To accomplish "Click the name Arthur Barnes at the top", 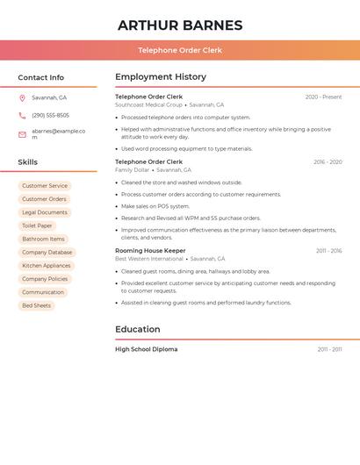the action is point(180,25).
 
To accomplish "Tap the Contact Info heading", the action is point(40,77).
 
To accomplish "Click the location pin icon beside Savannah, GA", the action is point(22,98).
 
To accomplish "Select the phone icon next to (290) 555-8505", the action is point(22,115).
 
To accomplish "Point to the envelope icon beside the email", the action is point(22,134).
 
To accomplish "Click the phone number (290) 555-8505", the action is point(50,115).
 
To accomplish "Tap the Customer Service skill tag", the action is point(45,186).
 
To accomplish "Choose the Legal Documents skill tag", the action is point(45,212).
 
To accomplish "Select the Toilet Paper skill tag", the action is point(37,225).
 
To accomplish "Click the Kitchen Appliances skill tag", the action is point(47,266).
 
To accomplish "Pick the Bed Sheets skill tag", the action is point(37,305).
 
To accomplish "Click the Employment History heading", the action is point(161,77).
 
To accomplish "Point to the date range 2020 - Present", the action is point(323,97).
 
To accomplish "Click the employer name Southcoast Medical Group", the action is point(148,105).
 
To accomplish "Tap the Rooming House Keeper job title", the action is point(150,251).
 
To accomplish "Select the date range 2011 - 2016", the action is point(329,251).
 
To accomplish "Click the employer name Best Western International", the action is point(149,259).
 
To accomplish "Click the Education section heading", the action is point(138,330).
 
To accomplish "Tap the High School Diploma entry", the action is point(146,349).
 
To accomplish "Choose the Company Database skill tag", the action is point(47,252).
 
